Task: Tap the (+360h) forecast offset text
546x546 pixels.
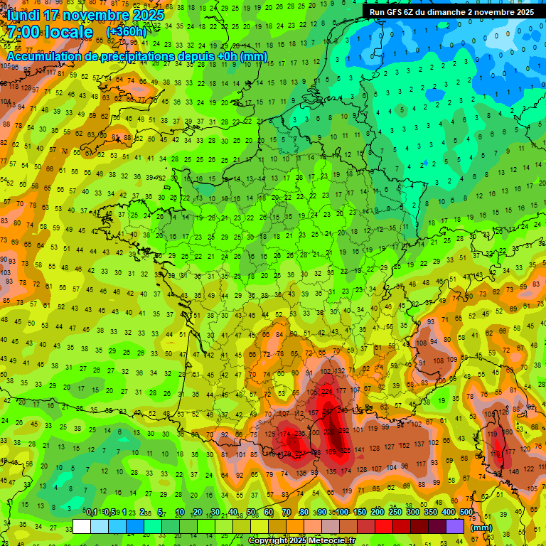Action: coord(126,32)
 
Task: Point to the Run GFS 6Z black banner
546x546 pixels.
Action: coord(451,12)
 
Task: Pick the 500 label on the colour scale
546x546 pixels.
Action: coord(466,513)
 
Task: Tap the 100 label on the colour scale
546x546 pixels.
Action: coord(343,513)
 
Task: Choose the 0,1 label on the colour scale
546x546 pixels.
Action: coord(91,513)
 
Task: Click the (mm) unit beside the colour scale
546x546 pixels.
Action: coord(481,528)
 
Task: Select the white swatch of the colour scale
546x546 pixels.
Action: coord(82,526)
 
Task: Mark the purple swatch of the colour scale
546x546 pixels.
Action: coord(455,526)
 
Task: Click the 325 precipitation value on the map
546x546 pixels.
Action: coord(346,451)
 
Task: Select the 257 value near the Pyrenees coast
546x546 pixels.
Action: coord(300,453)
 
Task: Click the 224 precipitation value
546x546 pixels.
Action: coord(328,391)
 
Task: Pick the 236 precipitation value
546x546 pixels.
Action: coord(300,434)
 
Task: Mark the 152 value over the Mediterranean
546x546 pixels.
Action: coord(405,446)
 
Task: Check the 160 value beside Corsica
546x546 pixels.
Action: coord(506,432)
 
